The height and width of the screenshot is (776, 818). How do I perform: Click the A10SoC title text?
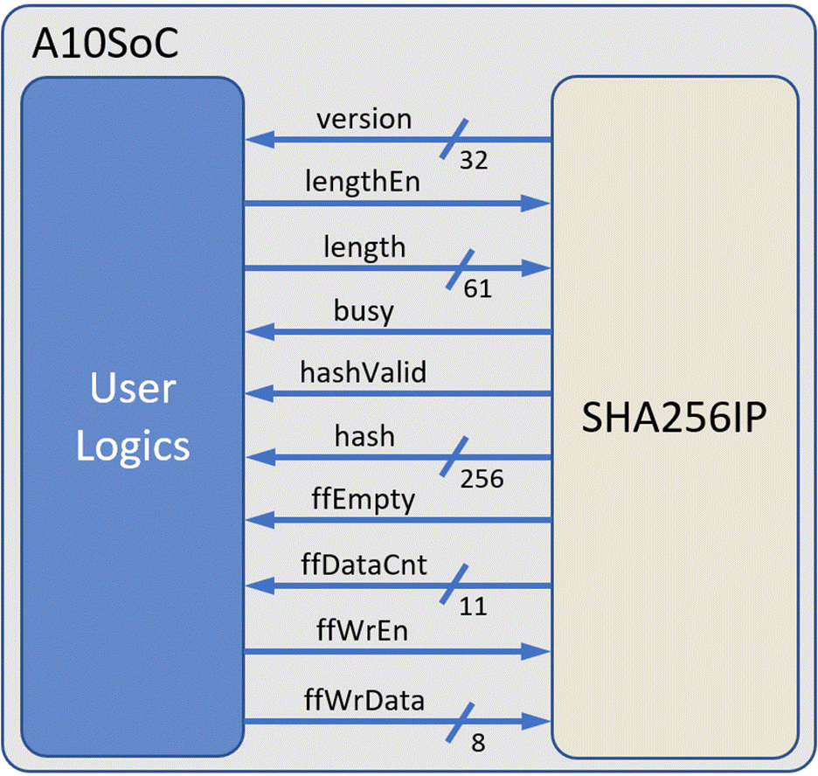106,43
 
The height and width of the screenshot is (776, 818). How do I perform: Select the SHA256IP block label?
674,417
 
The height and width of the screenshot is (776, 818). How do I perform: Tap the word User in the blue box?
133,388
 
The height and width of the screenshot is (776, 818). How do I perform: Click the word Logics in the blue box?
133,447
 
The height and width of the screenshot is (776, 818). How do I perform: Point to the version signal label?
364,120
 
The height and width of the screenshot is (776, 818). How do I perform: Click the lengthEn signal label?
363,183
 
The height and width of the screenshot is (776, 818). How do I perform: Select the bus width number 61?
478,289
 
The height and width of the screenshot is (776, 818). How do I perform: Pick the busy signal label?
364,312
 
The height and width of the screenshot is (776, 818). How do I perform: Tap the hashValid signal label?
364,372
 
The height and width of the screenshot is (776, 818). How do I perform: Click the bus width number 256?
482,479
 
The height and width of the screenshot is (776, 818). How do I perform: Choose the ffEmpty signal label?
364,500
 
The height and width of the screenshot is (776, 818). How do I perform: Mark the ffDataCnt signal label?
364,565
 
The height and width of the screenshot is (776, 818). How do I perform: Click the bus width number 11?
473,606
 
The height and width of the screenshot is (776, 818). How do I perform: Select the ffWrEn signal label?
363,630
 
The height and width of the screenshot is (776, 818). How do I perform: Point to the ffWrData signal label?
364,700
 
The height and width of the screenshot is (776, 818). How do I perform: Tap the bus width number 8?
478,743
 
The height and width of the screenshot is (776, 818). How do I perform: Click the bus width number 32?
474,160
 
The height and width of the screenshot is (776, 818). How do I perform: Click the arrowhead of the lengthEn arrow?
537,203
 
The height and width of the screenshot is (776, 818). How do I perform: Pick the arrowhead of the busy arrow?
260,332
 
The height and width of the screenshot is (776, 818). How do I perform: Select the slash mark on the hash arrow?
454,457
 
